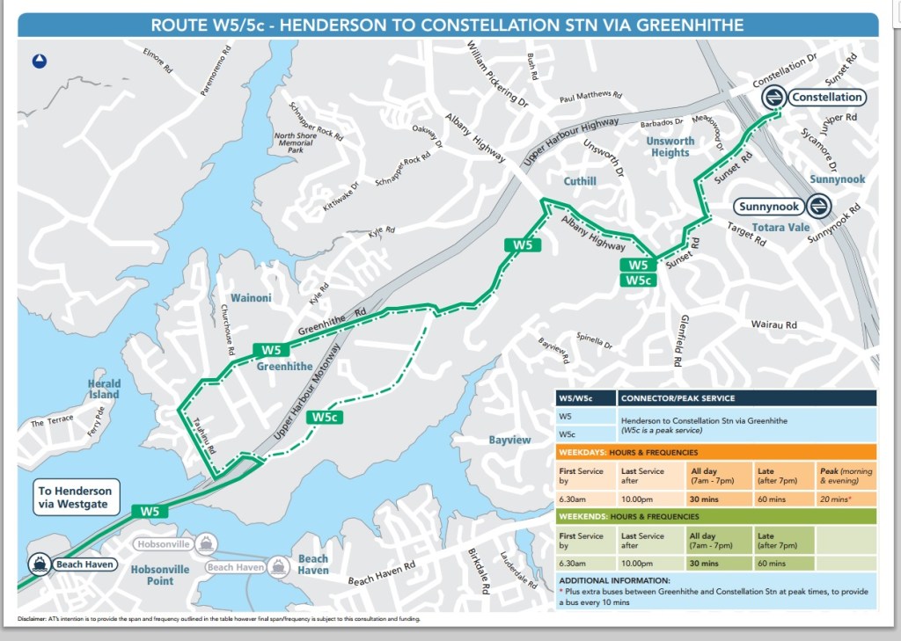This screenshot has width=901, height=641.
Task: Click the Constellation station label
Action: (x=824, y=97)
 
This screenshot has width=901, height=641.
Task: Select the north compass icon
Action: (x=40, y=61)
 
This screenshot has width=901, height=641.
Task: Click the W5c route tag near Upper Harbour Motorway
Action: (x=324, y=418)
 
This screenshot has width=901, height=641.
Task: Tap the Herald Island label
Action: (x=103, y=390)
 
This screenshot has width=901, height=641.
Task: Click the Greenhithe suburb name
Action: (x=284, y=367)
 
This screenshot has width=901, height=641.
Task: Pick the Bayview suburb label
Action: (x=511, y=439)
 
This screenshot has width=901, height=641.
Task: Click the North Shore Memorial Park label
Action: (x=295, y=142)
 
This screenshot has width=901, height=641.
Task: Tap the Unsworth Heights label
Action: (x=670, y=147)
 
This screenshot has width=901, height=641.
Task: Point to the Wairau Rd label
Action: (x=773, y=324)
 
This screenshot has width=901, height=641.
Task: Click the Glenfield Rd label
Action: (x=679, y=340)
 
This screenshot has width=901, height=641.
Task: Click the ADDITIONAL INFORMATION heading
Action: (x=614, y=580)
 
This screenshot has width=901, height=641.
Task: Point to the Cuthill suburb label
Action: (x=580, y=181)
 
